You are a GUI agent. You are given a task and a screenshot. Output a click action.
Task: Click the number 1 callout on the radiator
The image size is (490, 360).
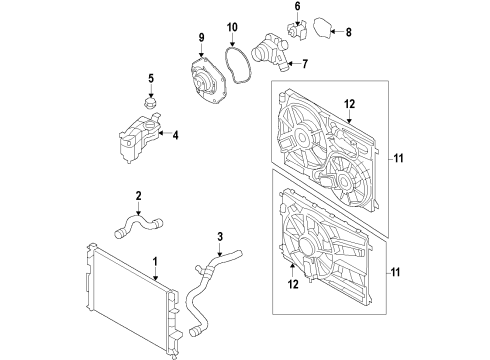point(155,264)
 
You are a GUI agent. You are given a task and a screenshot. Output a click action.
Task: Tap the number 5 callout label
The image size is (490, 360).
point(151,79)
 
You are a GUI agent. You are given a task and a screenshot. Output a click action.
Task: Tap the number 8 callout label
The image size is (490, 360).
point(349,32)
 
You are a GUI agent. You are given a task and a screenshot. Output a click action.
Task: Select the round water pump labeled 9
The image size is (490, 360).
point(211,80)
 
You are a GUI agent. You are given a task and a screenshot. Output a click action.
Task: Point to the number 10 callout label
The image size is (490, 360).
point(232,27)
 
